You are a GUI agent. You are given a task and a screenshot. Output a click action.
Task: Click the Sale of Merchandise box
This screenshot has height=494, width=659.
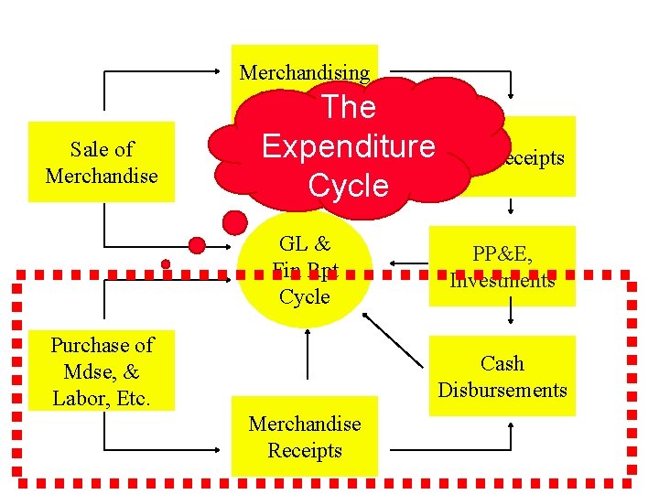coord(102,162)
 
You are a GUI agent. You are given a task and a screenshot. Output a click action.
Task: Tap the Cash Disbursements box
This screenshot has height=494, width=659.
coord(502,376)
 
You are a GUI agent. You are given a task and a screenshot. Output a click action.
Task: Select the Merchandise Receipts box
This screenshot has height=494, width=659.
coord(305,436)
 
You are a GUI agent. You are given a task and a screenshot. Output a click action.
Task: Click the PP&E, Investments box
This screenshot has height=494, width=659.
coord(502,265)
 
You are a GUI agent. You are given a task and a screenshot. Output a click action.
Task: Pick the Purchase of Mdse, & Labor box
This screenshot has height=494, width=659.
coord(102,371)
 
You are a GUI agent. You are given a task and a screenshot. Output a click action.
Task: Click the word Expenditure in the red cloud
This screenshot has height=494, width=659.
coord(348,146)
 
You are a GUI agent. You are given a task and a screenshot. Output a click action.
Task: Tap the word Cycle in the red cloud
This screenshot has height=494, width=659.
coord(348,186)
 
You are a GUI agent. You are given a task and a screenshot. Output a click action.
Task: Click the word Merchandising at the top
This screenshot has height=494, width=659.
coord(305,73)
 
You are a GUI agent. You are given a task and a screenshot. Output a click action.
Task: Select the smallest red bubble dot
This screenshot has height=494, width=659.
coord(166,264)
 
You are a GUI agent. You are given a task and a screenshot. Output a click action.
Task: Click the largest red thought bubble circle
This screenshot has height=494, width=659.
coord(235,222)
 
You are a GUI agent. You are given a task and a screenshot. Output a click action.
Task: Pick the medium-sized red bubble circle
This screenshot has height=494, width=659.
coord(197,244)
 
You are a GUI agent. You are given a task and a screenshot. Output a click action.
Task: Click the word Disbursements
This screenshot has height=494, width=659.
coord(502,390)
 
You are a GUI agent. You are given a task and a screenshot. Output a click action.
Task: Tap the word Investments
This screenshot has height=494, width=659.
coord(502,280)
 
